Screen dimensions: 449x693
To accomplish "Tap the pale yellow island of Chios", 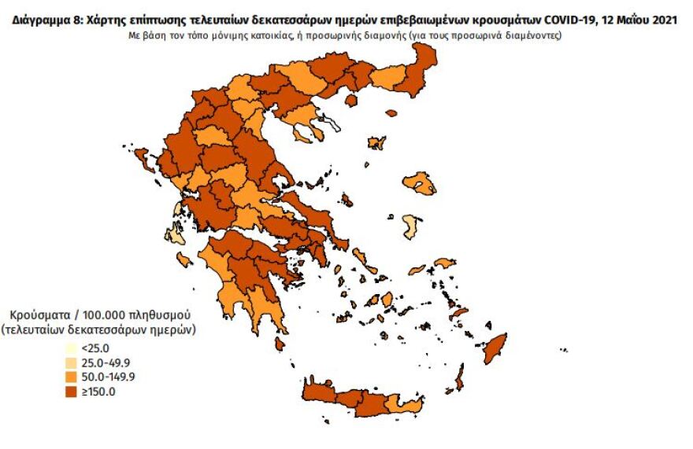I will tap(409, 226).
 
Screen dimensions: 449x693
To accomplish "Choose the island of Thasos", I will tap(351, 101).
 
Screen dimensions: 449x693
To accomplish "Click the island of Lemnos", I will tap(377, 143).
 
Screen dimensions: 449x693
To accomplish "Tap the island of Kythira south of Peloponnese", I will tap(280, 344).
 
